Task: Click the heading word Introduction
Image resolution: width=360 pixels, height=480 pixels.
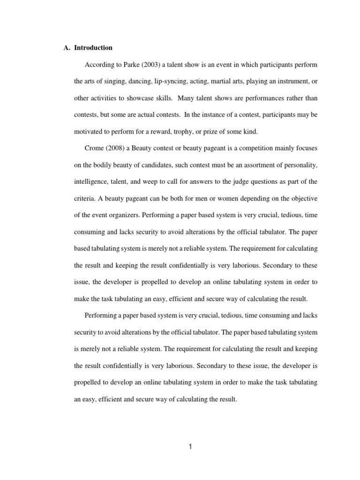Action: [93, 48]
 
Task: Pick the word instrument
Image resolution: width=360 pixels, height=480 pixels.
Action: [289, 82]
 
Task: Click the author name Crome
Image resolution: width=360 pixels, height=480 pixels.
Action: [94, 148]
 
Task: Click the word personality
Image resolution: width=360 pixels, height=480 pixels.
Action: [299, 165]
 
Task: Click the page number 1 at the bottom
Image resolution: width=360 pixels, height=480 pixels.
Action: [190, 447]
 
